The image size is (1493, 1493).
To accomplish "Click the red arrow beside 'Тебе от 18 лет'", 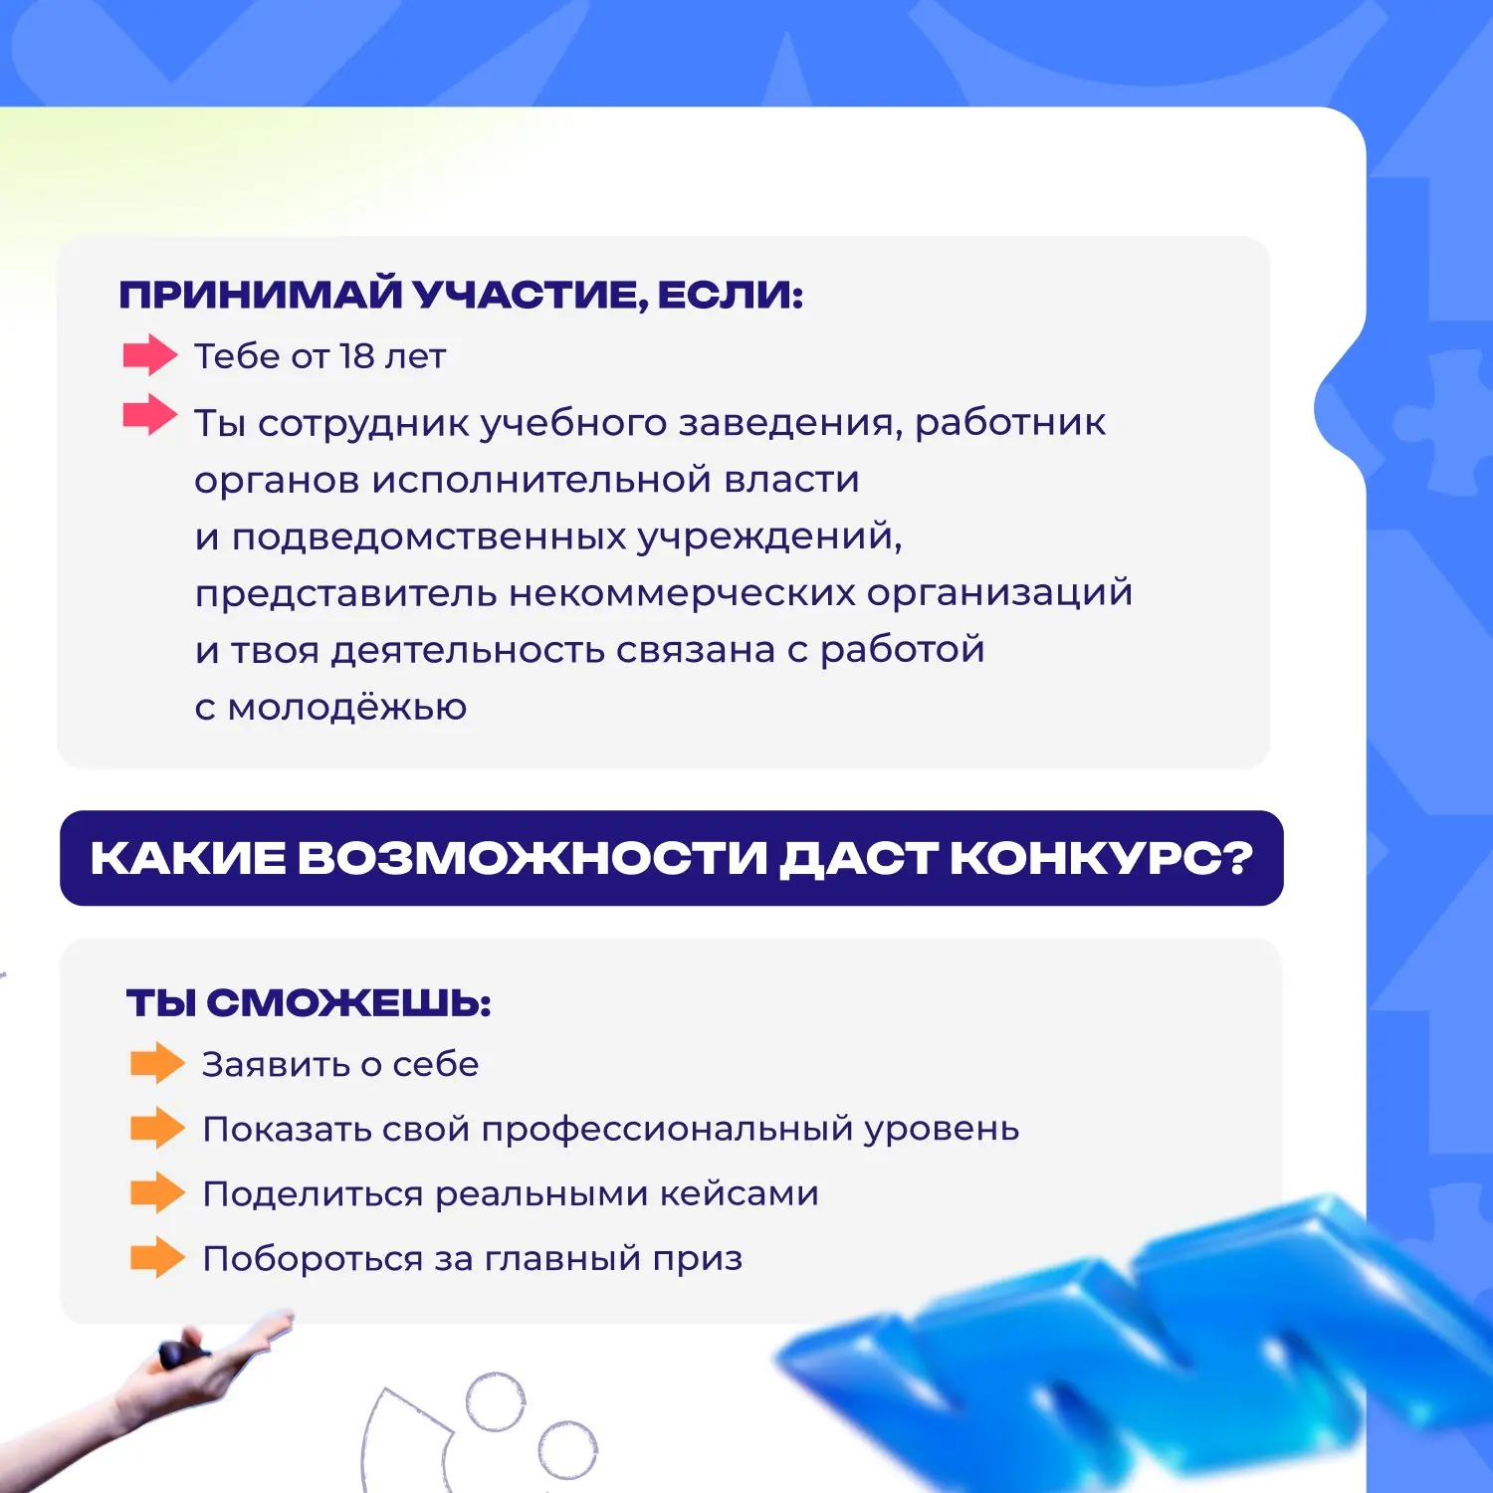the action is (x=150, y=354).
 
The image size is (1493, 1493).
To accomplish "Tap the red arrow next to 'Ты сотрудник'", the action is (x=150, y=414).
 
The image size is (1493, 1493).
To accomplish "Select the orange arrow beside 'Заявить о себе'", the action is (x=157, y=1063).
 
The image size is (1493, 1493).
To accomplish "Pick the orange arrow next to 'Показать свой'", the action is (x=157, y=1128).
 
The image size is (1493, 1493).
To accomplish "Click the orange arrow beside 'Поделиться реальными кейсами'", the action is (x=157, y=1192).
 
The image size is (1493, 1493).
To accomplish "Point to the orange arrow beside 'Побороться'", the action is (x=157, y=1257).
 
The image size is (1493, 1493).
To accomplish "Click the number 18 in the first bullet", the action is (x=356, y=355).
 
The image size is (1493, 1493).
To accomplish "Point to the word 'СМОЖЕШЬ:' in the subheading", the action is (x=349, y=1002).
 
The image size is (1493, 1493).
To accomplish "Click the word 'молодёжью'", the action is (x=347, y=707).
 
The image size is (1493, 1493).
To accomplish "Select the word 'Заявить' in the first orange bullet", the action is (x=276, y=1064).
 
